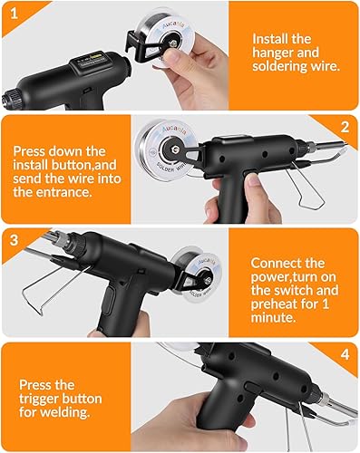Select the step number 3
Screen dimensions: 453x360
(11, 239)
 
